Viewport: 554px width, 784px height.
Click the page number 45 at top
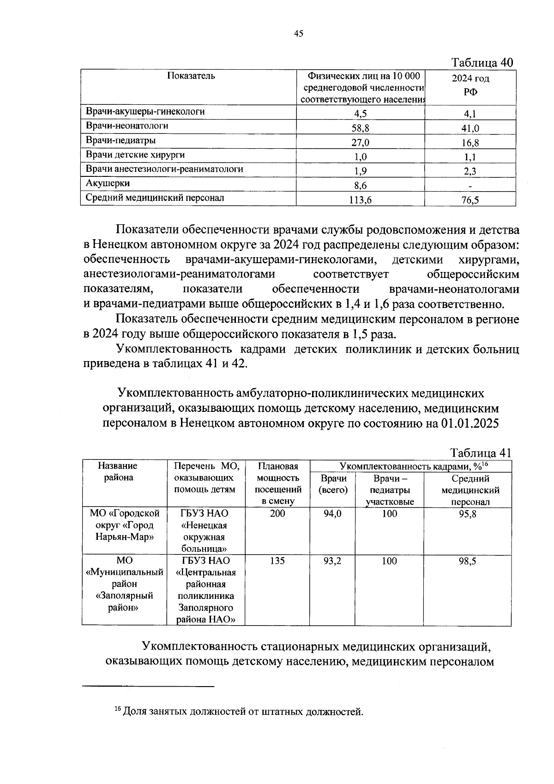point(298,33)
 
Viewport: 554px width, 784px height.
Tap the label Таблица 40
point(482,63)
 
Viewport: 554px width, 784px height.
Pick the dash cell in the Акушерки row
point(470,186)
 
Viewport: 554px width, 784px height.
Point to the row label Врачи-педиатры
point(121,140)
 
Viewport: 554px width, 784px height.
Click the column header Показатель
point(191,76)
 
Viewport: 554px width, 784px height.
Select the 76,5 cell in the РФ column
point(470,200)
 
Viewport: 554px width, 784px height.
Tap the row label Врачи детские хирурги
point(135,154)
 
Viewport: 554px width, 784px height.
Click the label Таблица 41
point(481,453)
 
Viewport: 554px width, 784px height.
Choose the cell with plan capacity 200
point(277,514)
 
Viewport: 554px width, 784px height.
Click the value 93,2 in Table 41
point(332,561)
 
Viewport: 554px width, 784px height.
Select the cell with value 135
point(277,561)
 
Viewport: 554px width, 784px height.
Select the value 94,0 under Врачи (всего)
point(332,514)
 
